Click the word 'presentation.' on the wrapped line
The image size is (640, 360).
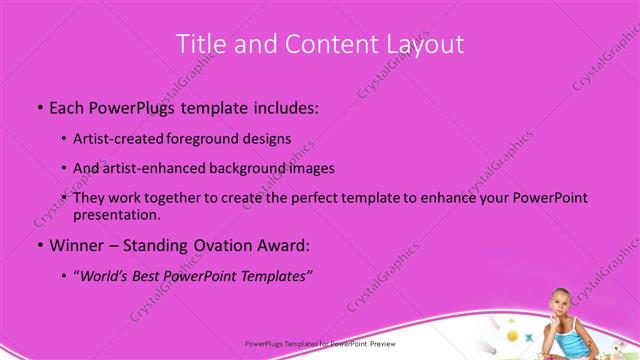(x=117, y=214)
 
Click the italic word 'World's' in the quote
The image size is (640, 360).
(x=108, y=276)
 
